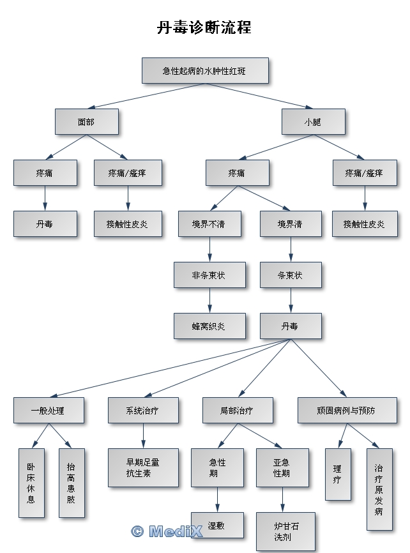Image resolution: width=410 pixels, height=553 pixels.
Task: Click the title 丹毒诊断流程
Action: (204, 28)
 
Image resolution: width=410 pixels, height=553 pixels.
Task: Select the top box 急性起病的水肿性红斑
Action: (204, 70)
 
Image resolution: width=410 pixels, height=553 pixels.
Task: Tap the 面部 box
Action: (86, 121)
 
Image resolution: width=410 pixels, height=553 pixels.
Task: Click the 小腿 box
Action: (313, 121)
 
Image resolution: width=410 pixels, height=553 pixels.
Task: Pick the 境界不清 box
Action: (209, 224)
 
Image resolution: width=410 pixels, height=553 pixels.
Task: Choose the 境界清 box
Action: (291, 224)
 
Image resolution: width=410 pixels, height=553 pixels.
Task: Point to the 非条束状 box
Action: (209, 275)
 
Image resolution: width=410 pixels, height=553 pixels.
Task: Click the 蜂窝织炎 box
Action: (209, 326)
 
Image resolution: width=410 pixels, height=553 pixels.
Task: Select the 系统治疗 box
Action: (142, 411)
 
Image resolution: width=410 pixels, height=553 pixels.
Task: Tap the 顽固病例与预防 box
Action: (347, 411)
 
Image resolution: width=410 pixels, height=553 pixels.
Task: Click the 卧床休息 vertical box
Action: (31, 483)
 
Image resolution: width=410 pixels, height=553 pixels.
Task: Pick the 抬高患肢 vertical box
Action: (71, 483)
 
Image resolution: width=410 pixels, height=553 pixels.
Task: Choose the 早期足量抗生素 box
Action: (143, 468)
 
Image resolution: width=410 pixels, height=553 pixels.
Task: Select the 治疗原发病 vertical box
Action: (379, 489)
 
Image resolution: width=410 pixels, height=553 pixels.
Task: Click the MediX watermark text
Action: (167, 531)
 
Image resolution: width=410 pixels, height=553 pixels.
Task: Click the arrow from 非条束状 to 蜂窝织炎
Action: (209, 300)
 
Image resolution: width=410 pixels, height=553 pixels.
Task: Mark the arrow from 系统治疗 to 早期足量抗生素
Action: (142, 436)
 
